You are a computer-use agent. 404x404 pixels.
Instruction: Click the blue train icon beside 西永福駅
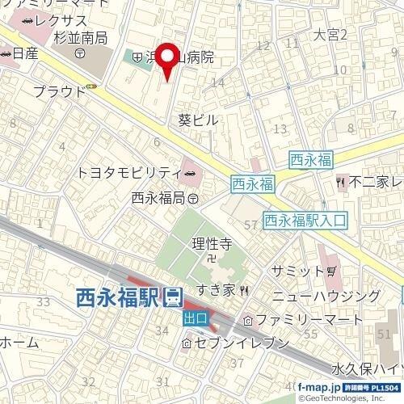[x=172, y=299]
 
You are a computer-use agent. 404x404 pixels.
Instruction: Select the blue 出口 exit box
[x=195, y=318]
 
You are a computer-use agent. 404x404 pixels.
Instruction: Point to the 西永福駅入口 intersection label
[x=305, y=219]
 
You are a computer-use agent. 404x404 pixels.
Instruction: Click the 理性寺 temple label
[x=213, y=242]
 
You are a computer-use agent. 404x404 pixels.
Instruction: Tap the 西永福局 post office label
[x=158, y=197]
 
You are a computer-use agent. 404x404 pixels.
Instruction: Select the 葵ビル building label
[x=198, y=120]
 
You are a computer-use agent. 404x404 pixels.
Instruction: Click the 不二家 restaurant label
[x=372, y=182]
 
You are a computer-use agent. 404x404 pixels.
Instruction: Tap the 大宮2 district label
[x=330, y=35]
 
